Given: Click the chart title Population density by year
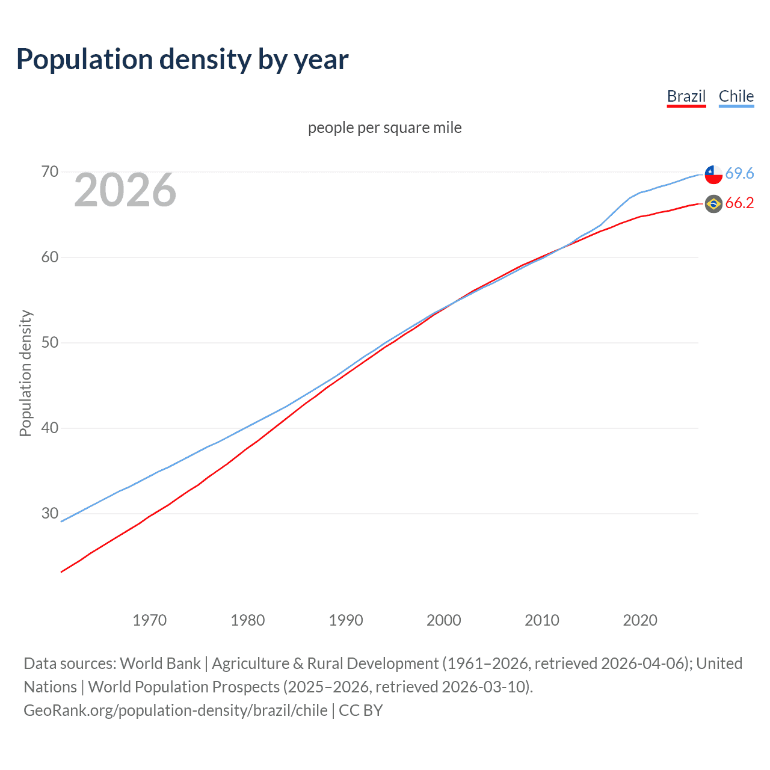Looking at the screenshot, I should click(x=182, y=60).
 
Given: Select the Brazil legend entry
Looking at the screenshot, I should click(x=686, y=96).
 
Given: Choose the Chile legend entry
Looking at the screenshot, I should click(x=736, y=96).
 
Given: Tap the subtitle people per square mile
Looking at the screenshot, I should click(x=385, y=128).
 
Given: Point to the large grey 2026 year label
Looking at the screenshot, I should click(x=125, y=190).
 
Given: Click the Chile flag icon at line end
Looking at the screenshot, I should click(x=713, y=174).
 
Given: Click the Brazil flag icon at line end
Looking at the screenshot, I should click(x=713, y=204).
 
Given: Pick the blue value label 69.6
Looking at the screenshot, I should click(x=739, y=174).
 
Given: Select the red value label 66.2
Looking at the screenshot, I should click(x=739, y=203).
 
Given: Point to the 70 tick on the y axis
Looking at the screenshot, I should click(x=50, y=172).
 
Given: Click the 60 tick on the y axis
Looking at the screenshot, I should click(x=50, y=257).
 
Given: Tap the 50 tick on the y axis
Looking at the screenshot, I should click(x=50, y=343).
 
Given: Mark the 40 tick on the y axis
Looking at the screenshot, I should click(x=50, y=428).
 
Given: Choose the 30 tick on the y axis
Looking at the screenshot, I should click(x=50, y=514).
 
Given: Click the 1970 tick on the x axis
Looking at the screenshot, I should click(x=150, y=620).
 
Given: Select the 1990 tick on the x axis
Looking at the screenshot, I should click(x=346, y=620).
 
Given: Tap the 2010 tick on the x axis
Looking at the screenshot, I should click(x=542, y=620).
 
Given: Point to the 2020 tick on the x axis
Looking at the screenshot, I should click(x=640, y=620).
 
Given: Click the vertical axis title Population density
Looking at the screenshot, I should click(x=25, y=373).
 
